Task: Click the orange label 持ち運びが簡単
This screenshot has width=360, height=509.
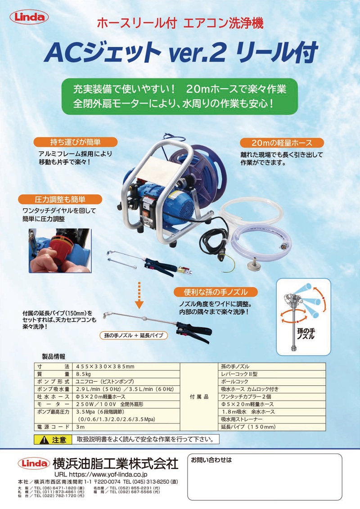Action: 75,142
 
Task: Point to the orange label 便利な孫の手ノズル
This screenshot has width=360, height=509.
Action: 216,292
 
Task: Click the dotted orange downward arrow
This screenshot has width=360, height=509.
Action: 139,295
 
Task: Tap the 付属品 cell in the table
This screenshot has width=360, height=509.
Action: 199,396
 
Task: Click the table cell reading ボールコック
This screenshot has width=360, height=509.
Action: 272,382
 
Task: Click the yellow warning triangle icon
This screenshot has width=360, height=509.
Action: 44,440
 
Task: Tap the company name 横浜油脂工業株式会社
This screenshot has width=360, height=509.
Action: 116,464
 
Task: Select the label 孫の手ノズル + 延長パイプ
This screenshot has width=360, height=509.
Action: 134,335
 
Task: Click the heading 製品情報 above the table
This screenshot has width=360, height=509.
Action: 54,356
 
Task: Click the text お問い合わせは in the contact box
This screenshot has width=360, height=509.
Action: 211,460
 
